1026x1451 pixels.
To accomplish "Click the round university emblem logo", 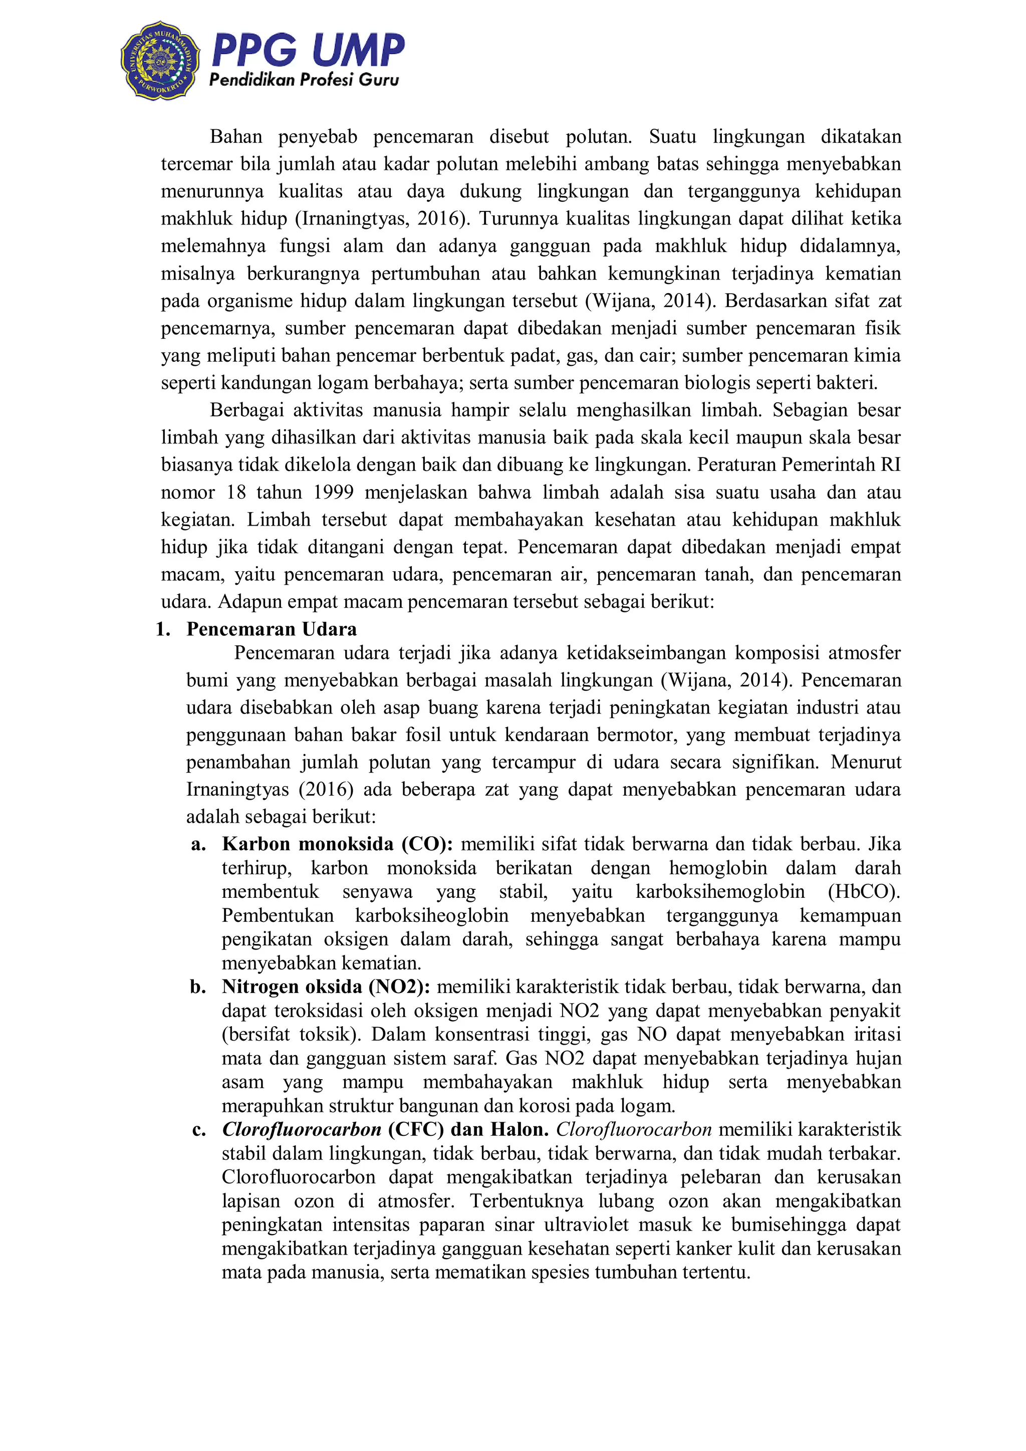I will point(160,61).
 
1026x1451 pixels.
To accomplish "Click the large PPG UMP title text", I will point(308,50).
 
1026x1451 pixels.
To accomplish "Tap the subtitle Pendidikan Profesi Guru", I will point(304,80).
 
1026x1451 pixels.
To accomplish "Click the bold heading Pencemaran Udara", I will point(272,629).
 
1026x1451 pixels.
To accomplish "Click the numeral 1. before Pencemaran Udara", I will point(163,629).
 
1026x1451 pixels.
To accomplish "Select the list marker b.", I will point(198,987).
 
